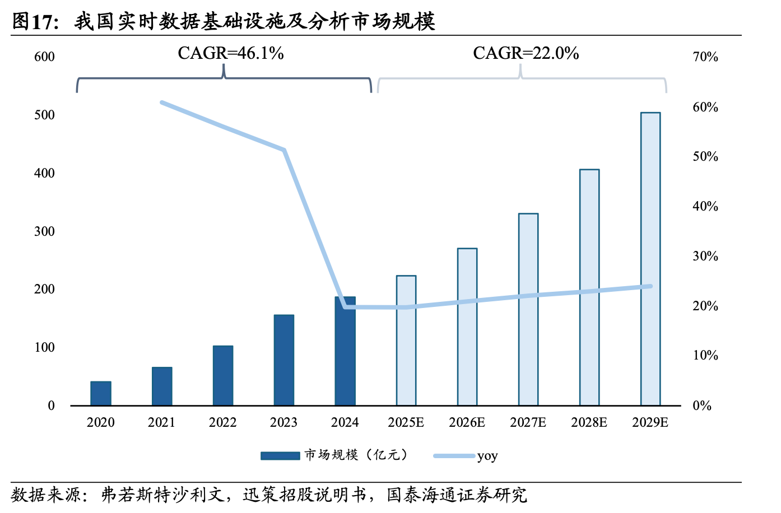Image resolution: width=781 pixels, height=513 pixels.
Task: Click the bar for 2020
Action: [x=101, y=393]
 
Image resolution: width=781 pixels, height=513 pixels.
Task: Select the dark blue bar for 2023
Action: [x=284, y=360]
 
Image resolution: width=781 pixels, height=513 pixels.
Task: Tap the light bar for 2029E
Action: [x=650, y=259]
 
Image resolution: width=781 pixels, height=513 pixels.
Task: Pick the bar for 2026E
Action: [x=467, y=327]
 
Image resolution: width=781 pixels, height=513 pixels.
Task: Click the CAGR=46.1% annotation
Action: [x=231, y=53]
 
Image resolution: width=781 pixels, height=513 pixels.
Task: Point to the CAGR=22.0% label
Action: [x=526, y=53]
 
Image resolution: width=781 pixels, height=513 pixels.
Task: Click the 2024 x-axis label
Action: [x=345, y=422]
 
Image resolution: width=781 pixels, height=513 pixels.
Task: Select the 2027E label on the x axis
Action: [x=528, y=422]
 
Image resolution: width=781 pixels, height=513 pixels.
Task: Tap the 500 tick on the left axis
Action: [x=44, y=115]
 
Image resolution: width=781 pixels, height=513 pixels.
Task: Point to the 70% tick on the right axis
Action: [x=705, y=57]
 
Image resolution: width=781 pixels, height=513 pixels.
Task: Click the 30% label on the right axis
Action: [x=705, y=256]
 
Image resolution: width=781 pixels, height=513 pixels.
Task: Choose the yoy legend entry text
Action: [x=487, y=456]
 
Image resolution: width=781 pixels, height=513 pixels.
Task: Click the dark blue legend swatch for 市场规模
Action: [x=280, y=455]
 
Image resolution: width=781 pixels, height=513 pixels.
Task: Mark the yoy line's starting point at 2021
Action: [x=162, y=102]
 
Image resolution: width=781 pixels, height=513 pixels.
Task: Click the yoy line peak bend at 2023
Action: [x=285, y=150]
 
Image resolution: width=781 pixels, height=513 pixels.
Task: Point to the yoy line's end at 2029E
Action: [x=650, y=286]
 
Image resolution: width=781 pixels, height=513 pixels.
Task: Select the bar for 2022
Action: [x=223, y=375]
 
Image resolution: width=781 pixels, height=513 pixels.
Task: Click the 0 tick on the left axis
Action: [x=52, y=405]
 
